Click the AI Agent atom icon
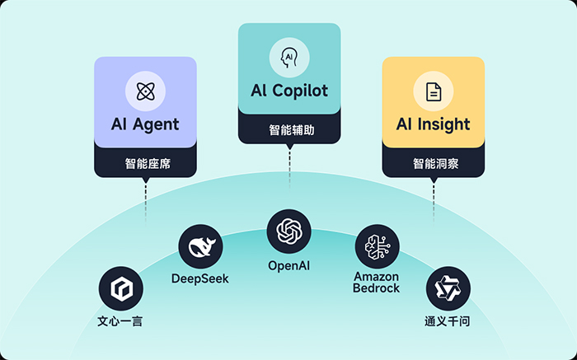pos(145,91)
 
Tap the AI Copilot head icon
pos(288,58)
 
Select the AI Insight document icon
pos(434,91)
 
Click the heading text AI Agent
pos(145,125)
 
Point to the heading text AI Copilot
pos(289,90)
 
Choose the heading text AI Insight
pos(434,125)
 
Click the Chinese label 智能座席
pos(145,162)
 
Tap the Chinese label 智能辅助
pos(289,129)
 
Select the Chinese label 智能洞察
pos(434,162)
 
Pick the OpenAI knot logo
pos(288,231)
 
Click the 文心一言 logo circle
pos(120,288)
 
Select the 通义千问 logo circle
pos(448,288)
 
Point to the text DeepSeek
pos(200,278)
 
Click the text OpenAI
pos(288,265)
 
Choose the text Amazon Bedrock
pos(377,283)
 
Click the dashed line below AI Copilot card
pos(289,169)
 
